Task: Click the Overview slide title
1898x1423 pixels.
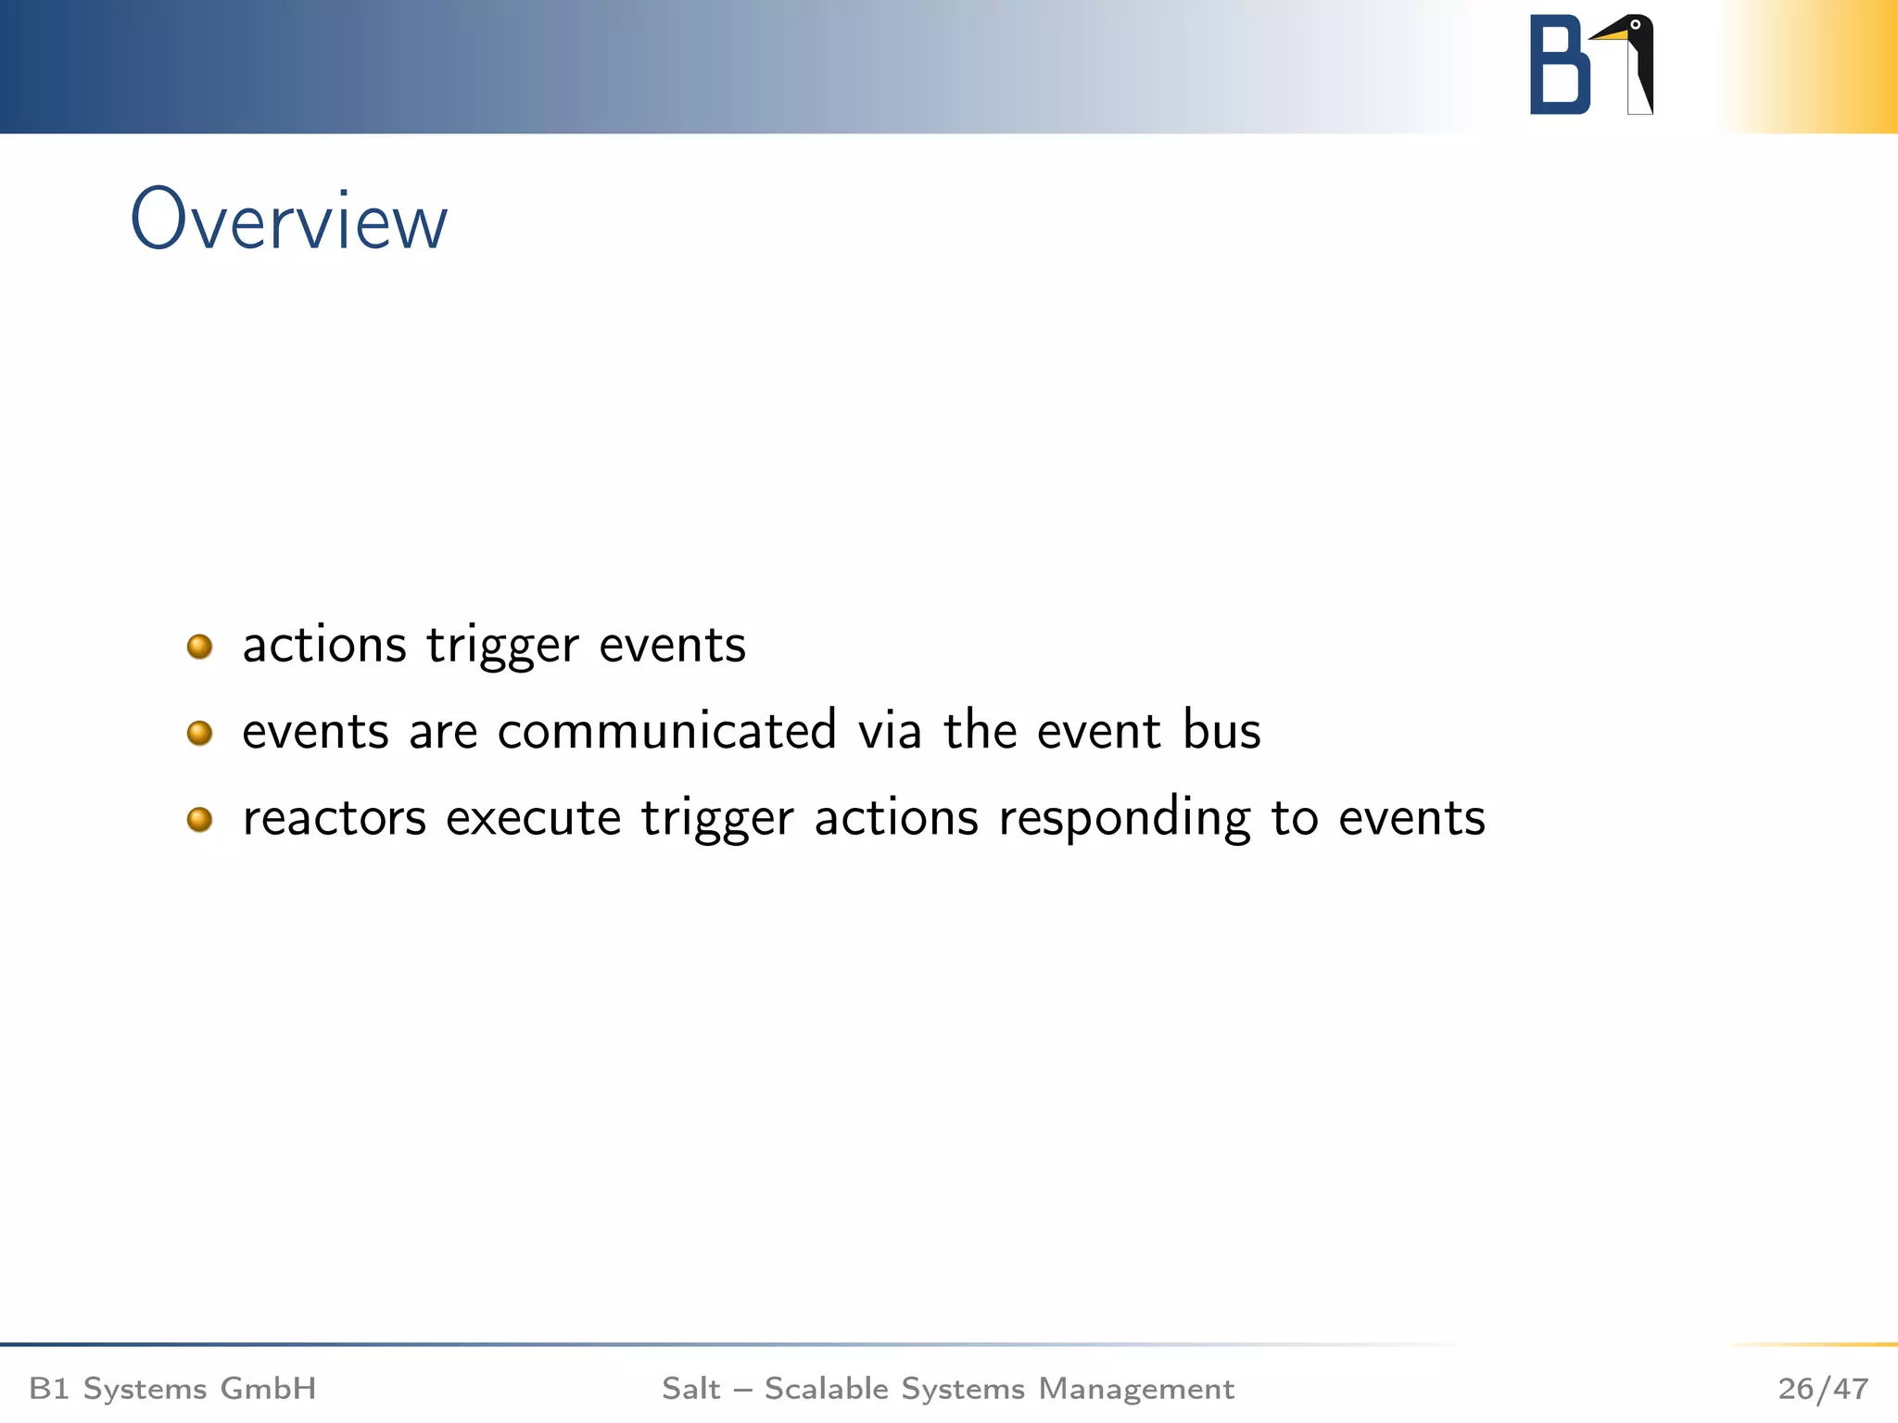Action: point(288,220)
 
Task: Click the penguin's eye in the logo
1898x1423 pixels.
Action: point(1635,25)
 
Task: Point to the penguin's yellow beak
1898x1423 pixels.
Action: point(1610,35)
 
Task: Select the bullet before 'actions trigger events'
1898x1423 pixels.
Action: point(199,646)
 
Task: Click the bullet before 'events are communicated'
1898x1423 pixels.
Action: point(199,733)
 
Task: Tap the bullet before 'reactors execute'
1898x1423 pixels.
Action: point(199,819)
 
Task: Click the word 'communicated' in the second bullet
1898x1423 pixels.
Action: point(667,731)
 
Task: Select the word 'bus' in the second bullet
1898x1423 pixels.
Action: point(1221,731)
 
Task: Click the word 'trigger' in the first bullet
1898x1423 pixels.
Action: point(502,646)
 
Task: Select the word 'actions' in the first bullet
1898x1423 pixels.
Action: point(324,646)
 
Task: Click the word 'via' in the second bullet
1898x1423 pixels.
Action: point(890,731)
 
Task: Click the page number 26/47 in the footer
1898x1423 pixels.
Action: point(1822,1389)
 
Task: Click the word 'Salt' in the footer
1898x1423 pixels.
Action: point(690,1389)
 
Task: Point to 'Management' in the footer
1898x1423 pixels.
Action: point(1136,1389)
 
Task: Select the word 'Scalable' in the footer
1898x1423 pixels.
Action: point(826,1389)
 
